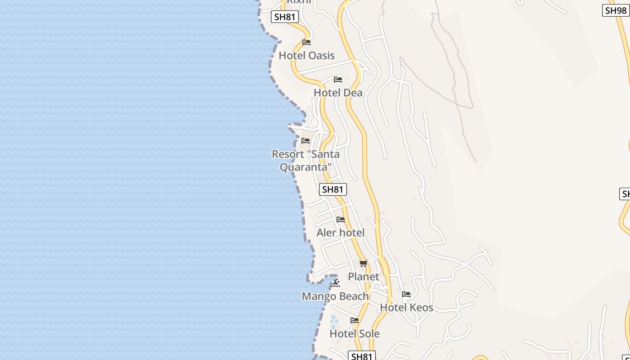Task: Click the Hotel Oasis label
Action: click(306, 55)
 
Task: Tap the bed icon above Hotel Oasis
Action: click(306, 42)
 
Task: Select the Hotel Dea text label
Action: click(338, 93)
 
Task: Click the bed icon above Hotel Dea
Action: click(338, 80)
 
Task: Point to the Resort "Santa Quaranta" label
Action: click(306, 160)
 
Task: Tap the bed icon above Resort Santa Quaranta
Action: click(306, 141)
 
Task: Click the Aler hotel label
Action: click(340, 233)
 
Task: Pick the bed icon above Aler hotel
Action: click(341, 220)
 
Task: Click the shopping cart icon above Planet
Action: click(364, 263)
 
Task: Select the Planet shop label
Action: click(364, 276)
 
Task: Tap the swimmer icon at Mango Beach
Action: click(335, 283)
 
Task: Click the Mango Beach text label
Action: click(335, 296)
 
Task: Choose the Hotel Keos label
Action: click(406, 307)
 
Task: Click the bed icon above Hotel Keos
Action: click(406, 294)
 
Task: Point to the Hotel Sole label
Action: click(355, 333)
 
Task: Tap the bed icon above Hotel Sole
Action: click(355, 320)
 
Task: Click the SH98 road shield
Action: click(616, 10)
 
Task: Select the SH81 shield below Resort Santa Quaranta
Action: click(333, 189)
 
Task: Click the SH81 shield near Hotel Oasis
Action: click(285, 17)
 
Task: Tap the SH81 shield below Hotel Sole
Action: click(362, 356)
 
